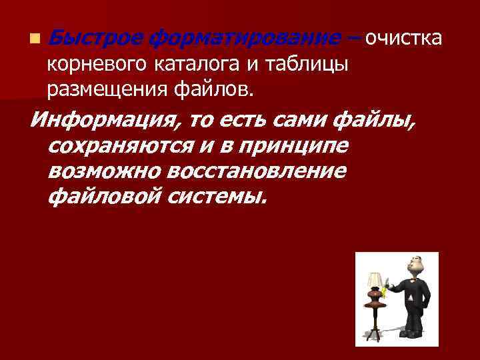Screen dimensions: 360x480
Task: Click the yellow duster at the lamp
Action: [x=386, y=287]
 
